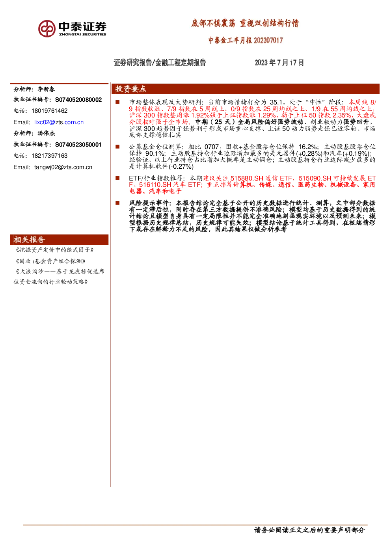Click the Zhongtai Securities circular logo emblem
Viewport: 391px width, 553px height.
tap(47, 29)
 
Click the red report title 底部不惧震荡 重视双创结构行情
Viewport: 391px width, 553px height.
tap(245, 24)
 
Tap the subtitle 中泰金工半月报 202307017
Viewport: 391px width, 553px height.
tap(246, 40)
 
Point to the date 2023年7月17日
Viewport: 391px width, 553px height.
tap(279, 62)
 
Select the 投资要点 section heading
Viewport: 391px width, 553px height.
tap(131, 89)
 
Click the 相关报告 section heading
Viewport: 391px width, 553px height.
tap(29, 240)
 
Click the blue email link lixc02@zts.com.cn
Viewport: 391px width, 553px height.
tap(59, 122)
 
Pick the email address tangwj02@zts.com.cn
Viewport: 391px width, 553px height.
tap(63, 167)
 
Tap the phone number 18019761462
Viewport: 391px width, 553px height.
tap(50, 111)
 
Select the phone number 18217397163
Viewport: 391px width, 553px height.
tap(50, 156)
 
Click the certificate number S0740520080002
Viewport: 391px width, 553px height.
tap(78, 100)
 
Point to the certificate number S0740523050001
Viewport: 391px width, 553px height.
tap(78, 145)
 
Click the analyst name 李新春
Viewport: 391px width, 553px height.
tap(46, 89)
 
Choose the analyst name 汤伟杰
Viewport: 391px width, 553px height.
tap(46, 133)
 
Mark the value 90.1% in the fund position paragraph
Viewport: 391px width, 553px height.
tap(155, 153)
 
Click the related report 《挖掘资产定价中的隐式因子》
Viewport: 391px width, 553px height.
tap(54, 250)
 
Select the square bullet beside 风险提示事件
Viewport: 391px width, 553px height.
tap(117, 203)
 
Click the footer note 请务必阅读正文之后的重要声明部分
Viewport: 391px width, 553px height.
tap(309, 530)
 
